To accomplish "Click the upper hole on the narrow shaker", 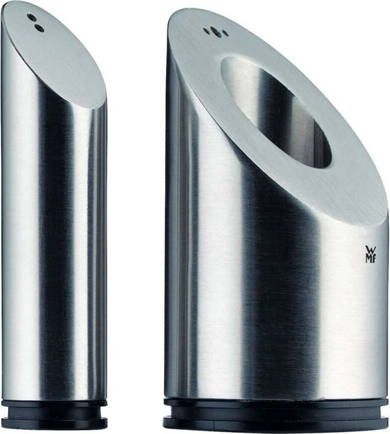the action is pyautogui.click(x=33, y=18).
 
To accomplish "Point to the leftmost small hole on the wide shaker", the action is pyautogui.click(x=206, y=29).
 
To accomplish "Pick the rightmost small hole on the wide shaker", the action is pyautogui.click(x=226, y=35).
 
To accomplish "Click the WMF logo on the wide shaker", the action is pyautogui.click(x=371, y=254).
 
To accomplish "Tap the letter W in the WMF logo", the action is pyautogui.click(x=371, y=249).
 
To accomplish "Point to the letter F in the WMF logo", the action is pyautogui.click(x=374, y=259).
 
